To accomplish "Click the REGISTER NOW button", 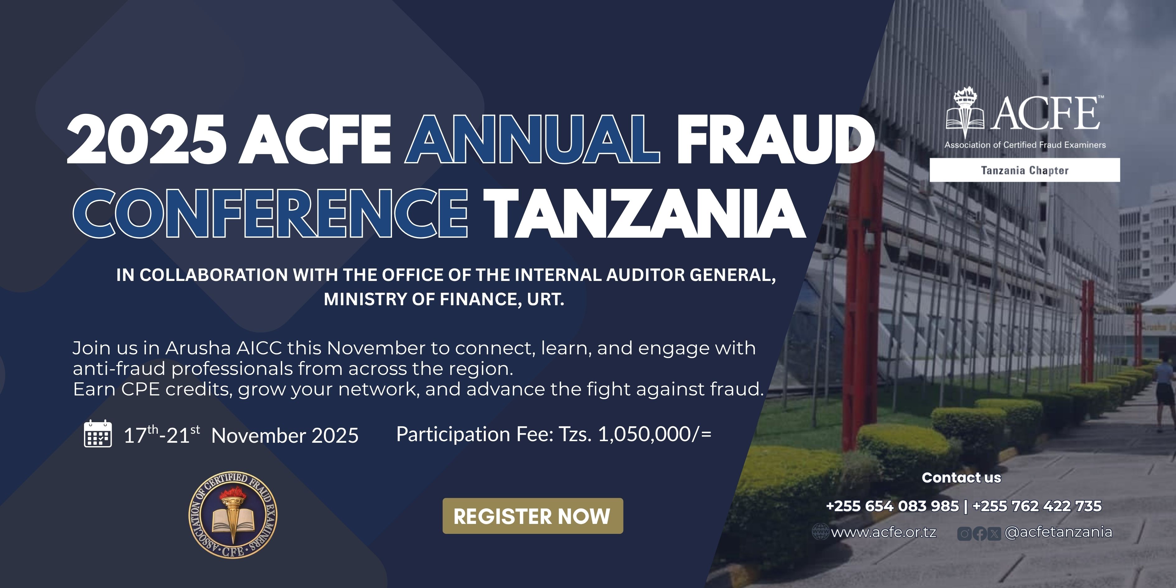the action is click(x=532, y=516).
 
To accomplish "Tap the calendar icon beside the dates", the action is click(x=98, y=434).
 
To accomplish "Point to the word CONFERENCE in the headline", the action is click(x=270, y=213).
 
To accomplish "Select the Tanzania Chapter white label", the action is click(x=1025, y=170).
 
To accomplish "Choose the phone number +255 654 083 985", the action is click(x=893, y=506).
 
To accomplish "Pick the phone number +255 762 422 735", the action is click(x=1037, y=506).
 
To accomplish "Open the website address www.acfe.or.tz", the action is click(x=884, y=532).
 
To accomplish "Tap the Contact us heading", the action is click(x=961, y=478).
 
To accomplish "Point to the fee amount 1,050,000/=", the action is click(x=655, y=434).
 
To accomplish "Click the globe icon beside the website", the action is click(x=820, y=532).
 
